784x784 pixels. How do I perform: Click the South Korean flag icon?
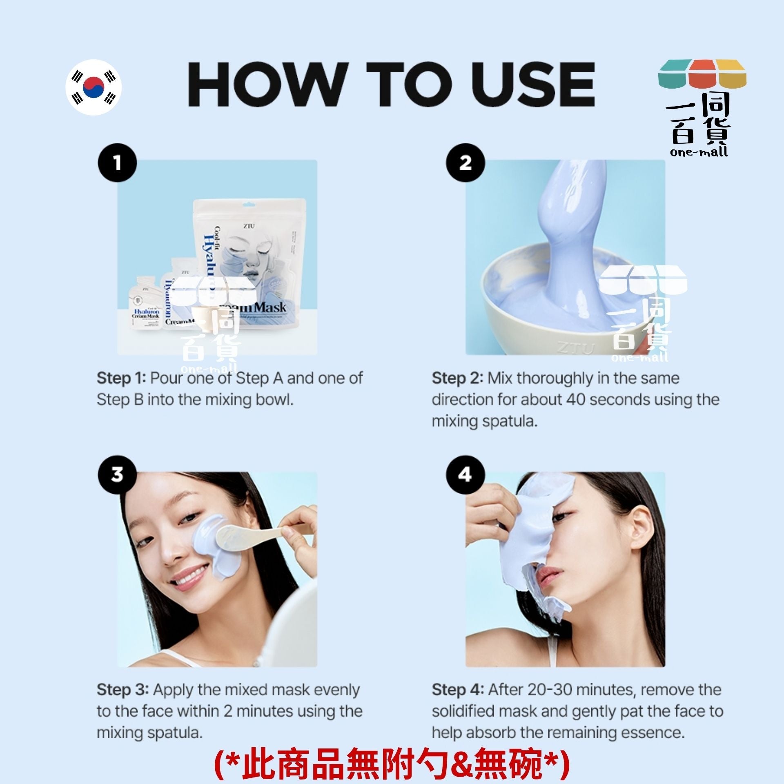(94, 87)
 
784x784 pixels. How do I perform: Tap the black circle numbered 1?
(117, 163)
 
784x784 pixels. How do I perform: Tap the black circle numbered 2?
(465, 163)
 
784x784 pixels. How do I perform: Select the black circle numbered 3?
(117, 474)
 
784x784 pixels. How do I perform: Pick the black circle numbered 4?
(465, 474)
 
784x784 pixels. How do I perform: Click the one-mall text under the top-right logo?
(699, 152)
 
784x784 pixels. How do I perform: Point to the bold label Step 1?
(121, 378)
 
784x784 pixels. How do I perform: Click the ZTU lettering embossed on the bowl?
(576, 348)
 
